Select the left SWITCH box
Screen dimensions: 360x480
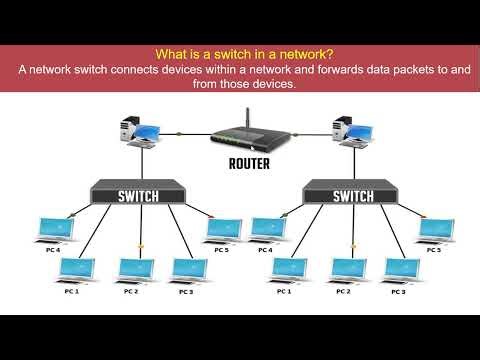click(x=136, y=191)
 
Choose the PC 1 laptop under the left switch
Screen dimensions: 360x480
click(x=72, y=270)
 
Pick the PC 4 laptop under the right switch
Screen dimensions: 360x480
click(x=266, y=230)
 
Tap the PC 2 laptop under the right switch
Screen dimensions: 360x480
click(x=345, y=270)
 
